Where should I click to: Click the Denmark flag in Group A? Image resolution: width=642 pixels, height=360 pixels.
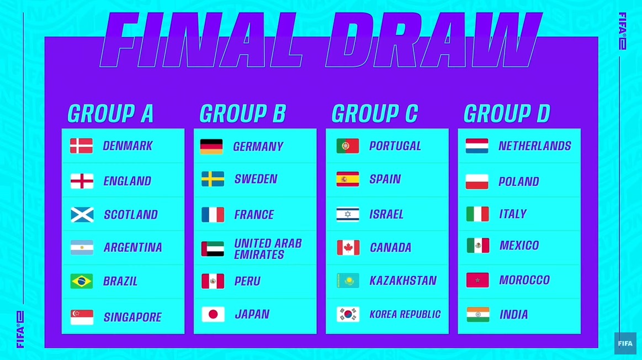81,146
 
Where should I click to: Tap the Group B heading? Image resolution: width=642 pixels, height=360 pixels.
243,113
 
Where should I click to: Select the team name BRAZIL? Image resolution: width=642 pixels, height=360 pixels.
120,282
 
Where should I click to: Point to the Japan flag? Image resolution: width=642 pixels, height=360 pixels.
213,314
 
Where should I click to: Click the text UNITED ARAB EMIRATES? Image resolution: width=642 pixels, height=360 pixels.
268,249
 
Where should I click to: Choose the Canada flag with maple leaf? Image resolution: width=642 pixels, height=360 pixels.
348,248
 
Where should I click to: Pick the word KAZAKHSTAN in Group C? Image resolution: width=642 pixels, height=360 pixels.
403,280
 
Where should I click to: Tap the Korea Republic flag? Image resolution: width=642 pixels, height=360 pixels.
348,314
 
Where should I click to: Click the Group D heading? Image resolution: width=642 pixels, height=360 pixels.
507,113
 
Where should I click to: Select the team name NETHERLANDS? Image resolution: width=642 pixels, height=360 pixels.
535,146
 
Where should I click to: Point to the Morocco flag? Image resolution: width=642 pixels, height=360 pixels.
477,280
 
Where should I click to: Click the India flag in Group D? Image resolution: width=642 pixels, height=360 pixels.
478,315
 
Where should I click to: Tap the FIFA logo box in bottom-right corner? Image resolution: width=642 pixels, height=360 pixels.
625,343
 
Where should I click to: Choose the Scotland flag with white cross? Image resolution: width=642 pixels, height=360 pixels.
82,215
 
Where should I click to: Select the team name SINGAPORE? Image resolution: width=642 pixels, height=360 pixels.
132,317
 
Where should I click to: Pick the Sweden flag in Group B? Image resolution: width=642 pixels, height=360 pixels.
213,179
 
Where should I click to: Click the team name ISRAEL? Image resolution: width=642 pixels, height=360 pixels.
386,214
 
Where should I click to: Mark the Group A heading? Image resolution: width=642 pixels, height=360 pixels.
110,113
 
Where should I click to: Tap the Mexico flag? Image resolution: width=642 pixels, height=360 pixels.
478,246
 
